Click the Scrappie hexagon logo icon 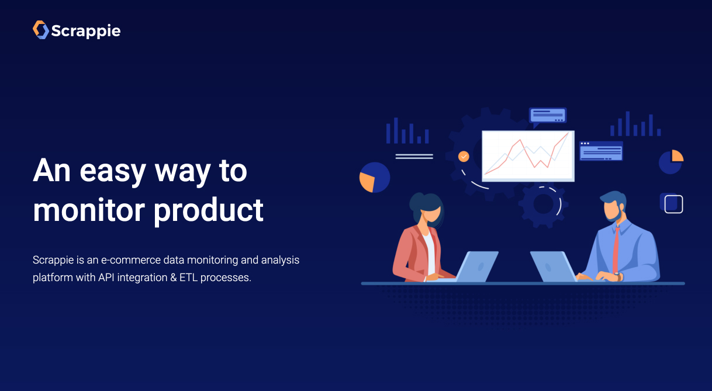click(x=41, y=30)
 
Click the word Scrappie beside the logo click(x=86, y=31)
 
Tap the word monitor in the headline click(x=89, y=210)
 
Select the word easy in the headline click(x=113, y=172)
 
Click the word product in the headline click(x=209, y=211)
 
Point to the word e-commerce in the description click(x=130, y=260)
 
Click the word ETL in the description click(x=188, y=278)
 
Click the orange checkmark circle click(x=464, y=157)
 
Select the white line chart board click(x=528, y=156)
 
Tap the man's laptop click(x=554, y=267)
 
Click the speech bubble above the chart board click(x=548, y=116)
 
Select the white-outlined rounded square click(x=673, y=204)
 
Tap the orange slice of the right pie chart click(x=677, y=156)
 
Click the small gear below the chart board click(x=543, y=205)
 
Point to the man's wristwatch click(x=618, y=276)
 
